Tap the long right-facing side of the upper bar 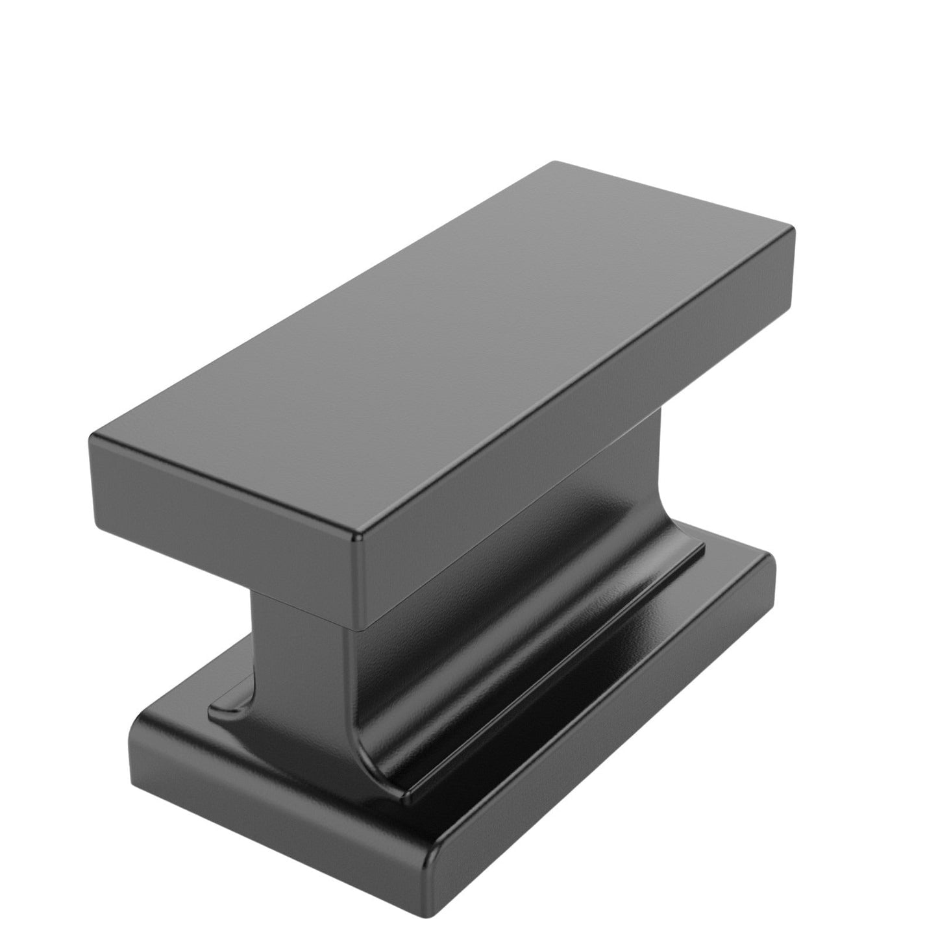pyautogui.click(x=578, y=428)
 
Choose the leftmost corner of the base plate pyautogui.click(x=133, y=734)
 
